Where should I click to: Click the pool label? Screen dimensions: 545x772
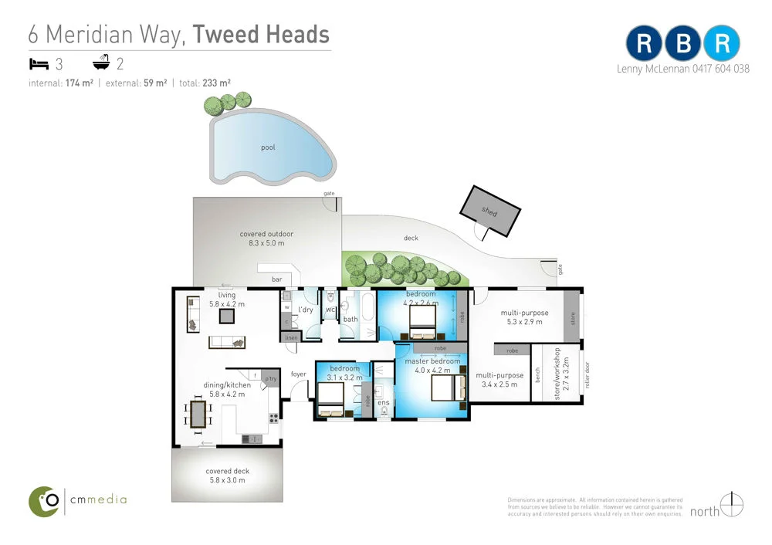pyautogui.click(x=268, y=147)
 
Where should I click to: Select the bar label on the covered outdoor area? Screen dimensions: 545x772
pyautogui.click(x=276, y=279)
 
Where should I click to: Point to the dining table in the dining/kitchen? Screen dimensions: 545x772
pyautogui.click(x=198, y=415)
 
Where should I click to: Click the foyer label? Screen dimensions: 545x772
pyautogui.click(x=298, y=374)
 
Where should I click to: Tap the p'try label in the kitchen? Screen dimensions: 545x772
pyautogui.click(x=270, y=379)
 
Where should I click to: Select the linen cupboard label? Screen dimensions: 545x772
pyautogui.click(x=290, y=337)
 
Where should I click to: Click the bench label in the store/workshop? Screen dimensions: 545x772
pyautogui.click(x=538, y=375)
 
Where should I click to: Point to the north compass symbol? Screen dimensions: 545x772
pyautogui.click(x=733, y=506)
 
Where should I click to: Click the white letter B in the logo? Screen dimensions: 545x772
pyautogui.click(x=683, y=43)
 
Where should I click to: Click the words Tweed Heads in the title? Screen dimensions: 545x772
pyautogui.click(x=261, y=34)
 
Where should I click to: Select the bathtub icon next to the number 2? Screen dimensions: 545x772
pyautogui.click(x=101, y=63)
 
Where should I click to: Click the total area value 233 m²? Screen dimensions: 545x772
pyautogui.click(x=217, y=83)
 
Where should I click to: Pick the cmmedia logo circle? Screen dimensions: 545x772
pyautogui.click(x=45, y=501)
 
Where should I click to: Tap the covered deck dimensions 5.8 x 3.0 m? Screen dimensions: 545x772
pyautogui.click(x=227, y=480)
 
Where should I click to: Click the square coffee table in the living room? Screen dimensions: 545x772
pyautogui.click(x=228, y=315)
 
